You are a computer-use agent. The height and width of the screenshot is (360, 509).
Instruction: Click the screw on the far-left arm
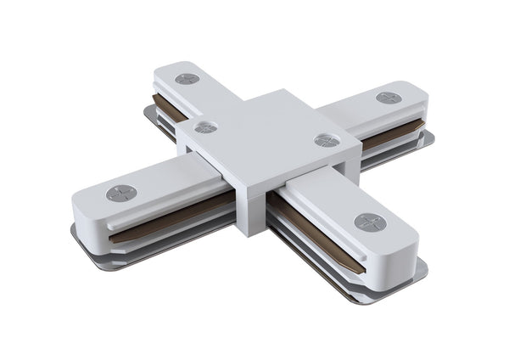pyautogui.click(x=187, y=79)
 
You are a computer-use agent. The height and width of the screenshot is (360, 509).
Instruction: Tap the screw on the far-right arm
pyautogui.click(x=389, y=98)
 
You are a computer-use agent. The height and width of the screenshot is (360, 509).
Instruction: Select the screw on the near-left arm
pyautogui.click(x=121, y=193)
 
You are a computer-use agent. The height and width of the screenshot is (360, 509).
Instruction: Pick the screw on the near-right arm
pyautogui.click(x=369, y=222)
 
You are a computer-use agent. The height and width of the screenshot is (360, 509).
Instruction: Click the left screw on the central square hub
pyautogui.click(x=205, y=127)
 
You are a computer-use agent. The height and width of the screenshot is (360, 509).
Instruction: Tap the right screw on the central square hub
pyautogui.click(x=326, y=140)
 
